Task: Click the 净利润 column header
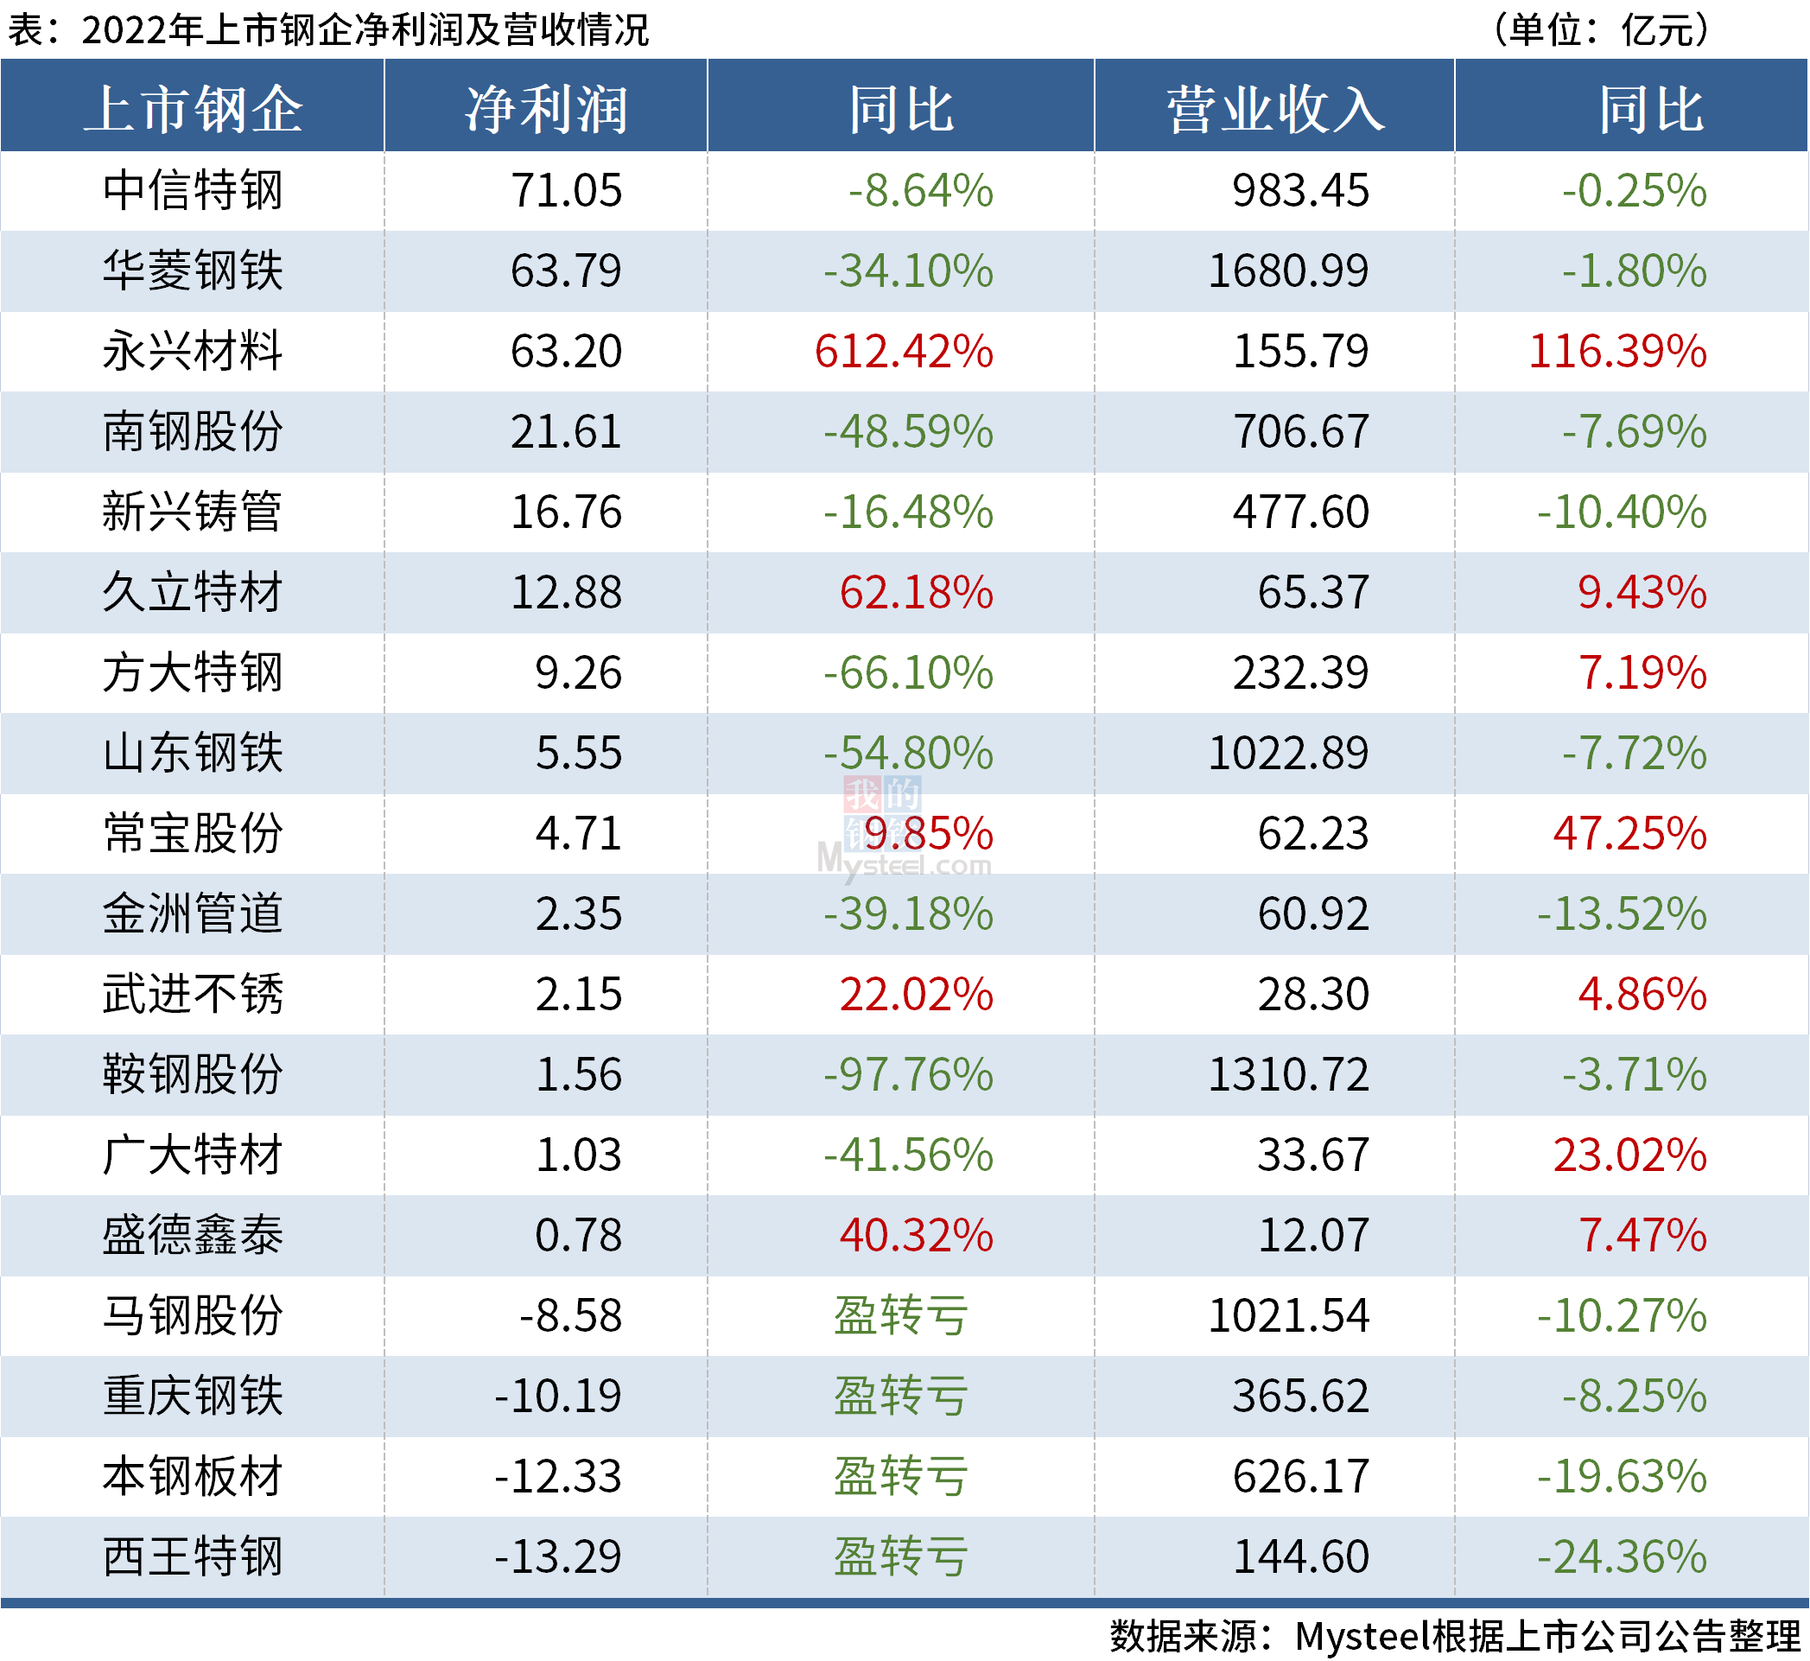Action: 545,110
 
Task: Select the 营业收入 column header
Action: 1275,110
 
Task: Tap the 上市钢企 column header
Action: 193,110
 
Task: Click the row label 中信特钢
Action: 193,190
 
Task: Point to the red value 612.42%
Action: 903,352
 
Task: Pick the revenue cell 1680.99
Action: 1287,271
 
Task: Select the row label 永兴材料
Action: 193,352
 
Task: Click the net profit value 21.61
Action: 565,432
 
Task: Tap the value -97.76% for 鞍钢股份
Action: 908,1075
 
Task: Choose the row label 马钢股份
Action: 193,1316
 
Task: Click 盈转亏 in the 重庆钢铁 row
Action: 900,1396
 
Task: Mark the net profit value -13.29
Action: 557,1556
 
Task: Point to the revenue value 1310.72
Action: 1287,1075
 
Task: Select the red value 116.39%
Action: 1616,352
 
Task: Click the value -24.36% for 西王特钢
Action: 1622,1556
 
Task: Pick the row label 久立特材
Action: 193,592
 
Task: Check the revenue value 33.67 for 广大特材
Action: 1312,1155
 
